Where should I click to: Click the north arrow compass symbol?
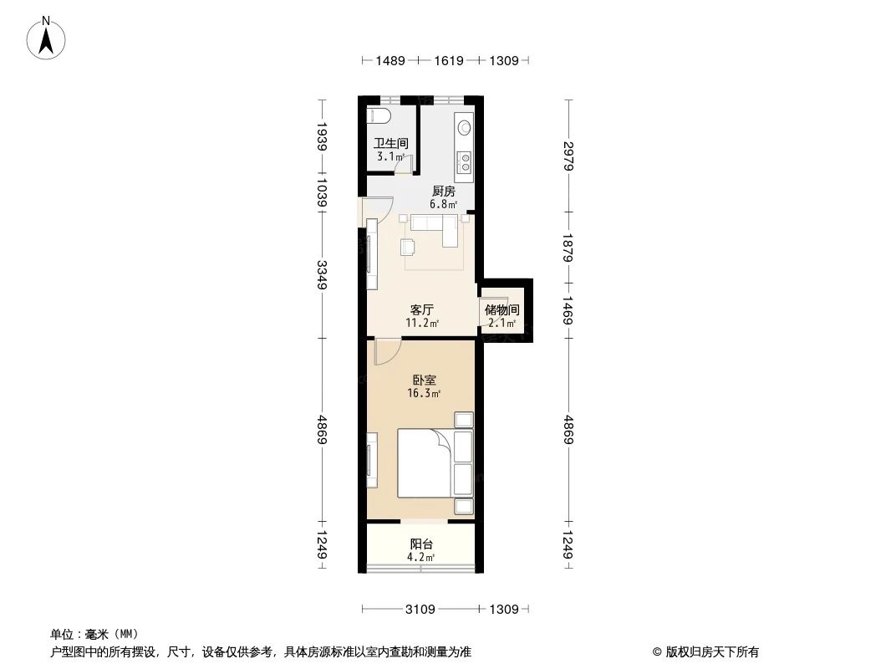tap(46, 38)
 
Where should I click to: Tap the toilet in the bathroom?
tap(378, 115)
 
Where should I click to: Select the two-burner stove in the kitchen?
tap(465, 162)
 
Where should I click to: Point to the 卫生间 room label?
tap(390, 143)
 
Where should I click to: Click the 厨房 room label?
tap(443, 191)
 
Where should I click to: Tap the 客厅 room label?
tap(421, 309)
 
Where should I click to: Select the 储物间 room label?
tap(502, 309)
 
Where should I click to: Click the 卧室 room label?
tap(424, 379)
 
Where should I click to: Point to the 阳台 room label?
tap(421, 544)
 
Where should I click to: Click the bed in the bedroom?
tap(435, 463)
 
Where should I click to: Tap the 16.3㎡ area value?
tap(424, 393)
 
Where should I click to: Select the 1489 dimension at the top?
tap(390, 60)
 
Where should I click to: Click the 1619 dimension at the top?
tap(449, 60)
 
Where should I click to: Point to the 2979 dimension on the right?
tap(568, 156)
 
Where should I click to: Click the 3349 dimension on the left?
tap(322, 274)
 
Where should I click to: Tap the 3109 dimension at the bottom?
tap(420, 610)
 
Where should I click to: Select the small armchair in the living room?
tap(407, 247)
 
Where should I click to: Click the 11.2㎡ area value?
tap(421, 324)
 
